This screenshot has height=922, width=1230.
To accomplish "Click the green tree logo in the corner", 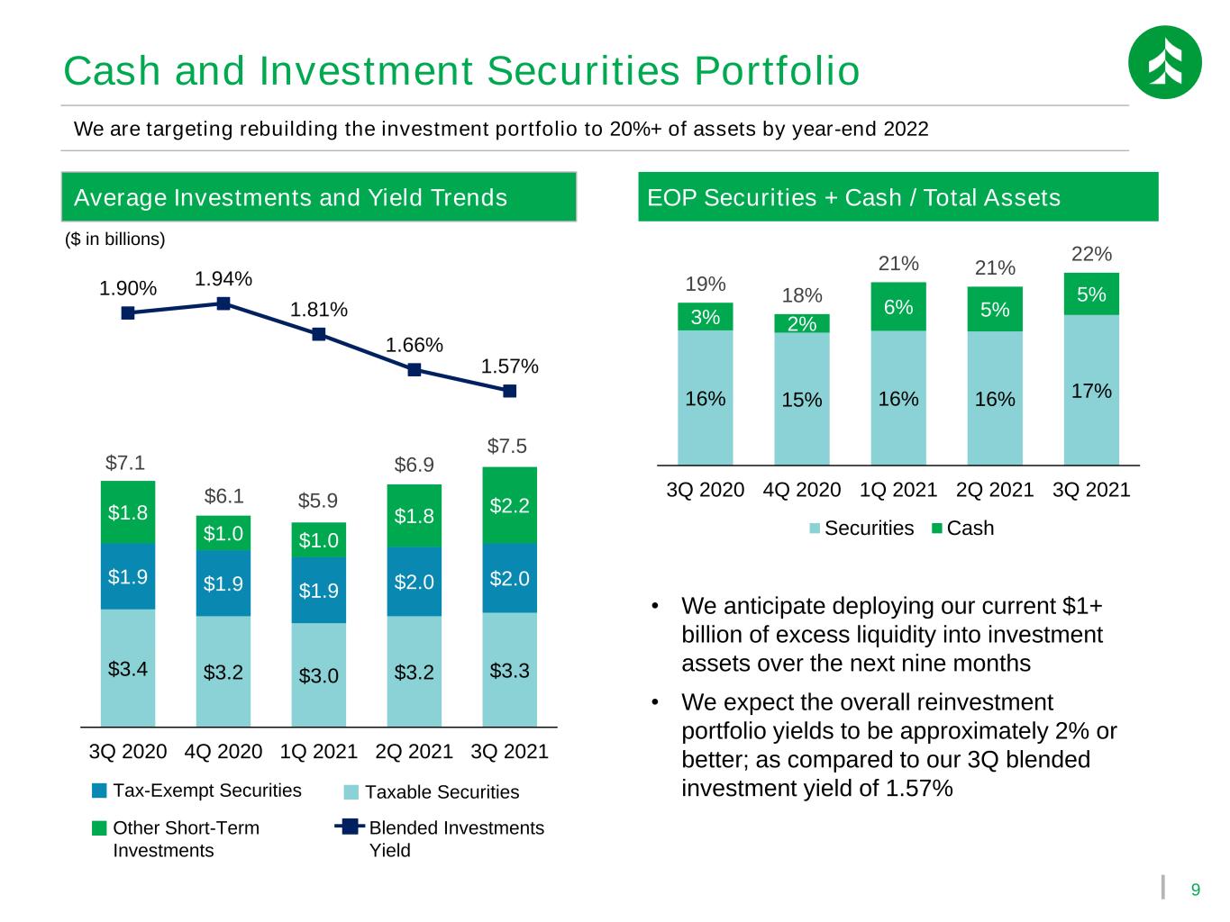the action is (x=1164, y=62).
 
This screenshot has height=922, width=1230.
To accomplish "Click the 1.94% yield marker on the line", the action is (x=223, y=303).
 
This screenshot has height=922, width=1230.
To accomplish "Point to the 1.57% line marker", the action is (x=509, y=391).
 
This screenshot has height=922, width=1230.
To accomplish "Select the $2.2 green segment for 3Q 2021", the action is (x=509, y=505).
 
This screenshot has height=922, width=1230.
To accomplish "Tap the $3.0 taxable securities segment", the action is (x=318, y=674).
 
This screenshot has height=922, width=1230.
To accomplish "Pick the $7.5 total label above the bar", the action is (x=506, y=446).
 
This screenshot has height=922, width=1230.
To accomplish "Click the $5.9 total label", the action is (x=318, y=500).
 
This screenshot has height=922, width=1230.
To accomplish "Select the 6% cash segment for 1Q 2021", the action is (x=897, y=306).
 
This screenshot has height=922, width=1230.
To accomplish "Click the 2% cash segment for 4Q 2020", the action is (x=801, y=323).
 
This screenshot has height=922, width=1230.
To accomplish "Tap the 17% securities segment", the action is (x=1091, y=390).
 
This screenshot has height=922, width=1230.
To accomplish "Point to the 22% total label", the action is (x=1091, y=254).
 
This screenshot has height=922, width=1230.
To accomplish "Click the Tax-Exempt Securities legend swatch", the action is (x=99, y=791).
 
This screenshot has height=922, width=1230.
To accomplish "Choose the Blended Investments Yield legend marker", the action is (x=350, y=827).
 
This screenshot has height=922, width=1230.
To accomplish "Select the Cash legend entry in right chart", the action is (x=962, y=528).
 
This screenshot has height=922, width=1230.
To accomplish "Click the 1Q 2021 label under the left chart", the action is (x=318, y=751).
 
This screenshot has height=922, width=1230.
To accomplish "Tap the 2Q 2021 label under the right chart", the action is (x=995, y=490).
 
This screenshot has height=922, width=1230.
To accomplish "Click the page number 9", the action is (x=1195, y=890).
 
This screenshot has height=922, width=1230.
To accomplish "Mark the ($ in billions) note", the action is (x=114, y=239).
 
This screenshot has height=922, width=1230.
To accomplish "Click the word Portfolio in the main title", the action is (x=777, y=71).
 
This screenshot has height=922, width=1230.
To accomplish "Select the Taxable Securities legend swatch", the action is (x=351, y=792).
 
